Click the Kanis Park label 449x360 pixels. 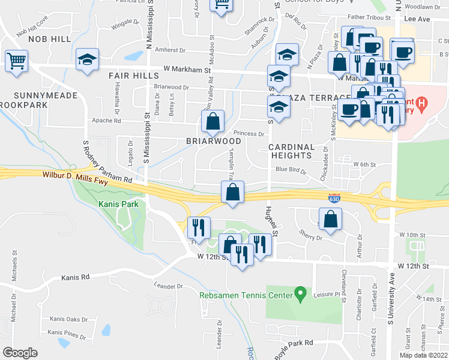tap(119, 204)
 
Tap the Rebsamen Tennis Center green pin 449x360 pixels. tap(301, 294)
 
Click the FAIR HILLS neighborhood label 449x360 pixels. tap(134, 76)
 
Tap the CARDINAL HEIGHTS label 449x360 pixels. tap(291, 151)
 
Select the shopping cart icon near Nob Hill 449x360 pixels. tap(16, 61)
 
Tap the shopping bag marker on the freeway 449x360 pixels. tap(233, 193)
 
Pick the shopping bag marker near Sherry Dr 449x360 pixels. tap(330, 219)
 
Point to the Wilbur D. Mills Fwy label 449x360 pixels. tap(87, 177)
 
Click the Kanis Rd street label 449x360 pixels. tap(75, 278)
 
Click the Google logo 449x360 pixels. tap(20, 352)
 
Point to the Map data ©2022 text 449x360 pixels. tap(423, 355)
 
